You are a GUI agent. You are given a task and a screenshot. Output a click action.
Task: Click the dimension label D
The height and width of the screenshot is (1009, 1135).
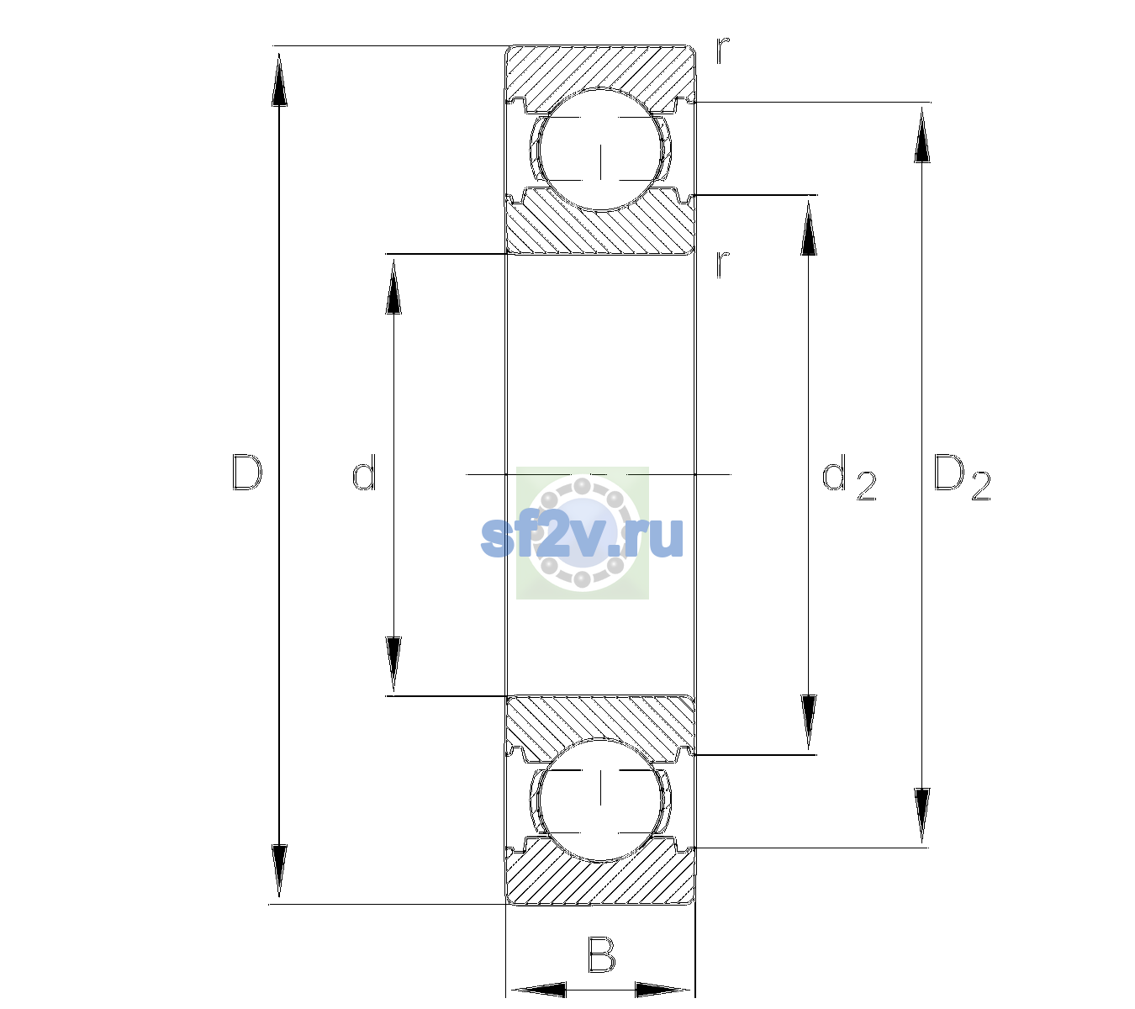pyautogui.click(x=246, y=473)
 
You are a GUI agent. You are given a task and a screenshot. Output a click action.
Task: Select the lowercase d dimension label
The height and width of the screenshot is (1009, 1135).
pyautogui.click(x=363, y=472)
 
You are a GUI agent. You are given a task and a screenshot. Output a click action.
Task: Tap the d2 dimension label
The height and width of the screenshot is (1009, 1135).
pyautogui.click(x=849, y=478)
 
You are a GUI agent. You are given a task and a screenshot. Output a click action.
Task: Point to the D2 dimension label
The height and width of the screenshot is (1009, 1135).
pyautogui.click(x=962, y=478)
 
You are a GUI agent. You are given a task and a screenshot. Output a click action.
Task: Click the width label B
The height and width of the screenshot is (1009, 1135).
pyautogui.click(x=601, y=954)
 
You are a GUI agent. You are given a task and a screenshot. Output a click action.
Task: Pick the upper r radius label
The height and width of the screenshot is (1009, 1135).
pyautogui.click(x=723, y=50)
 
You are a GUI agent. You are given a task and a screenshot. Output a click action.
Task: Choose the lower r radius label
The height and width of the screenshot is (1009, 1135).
pyautogui.click(x=723, y=264)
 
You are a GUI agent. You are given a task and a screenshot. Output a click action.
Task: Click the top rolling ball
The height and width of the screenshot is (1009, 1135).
pyautogui.click(x=600, y=150)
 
